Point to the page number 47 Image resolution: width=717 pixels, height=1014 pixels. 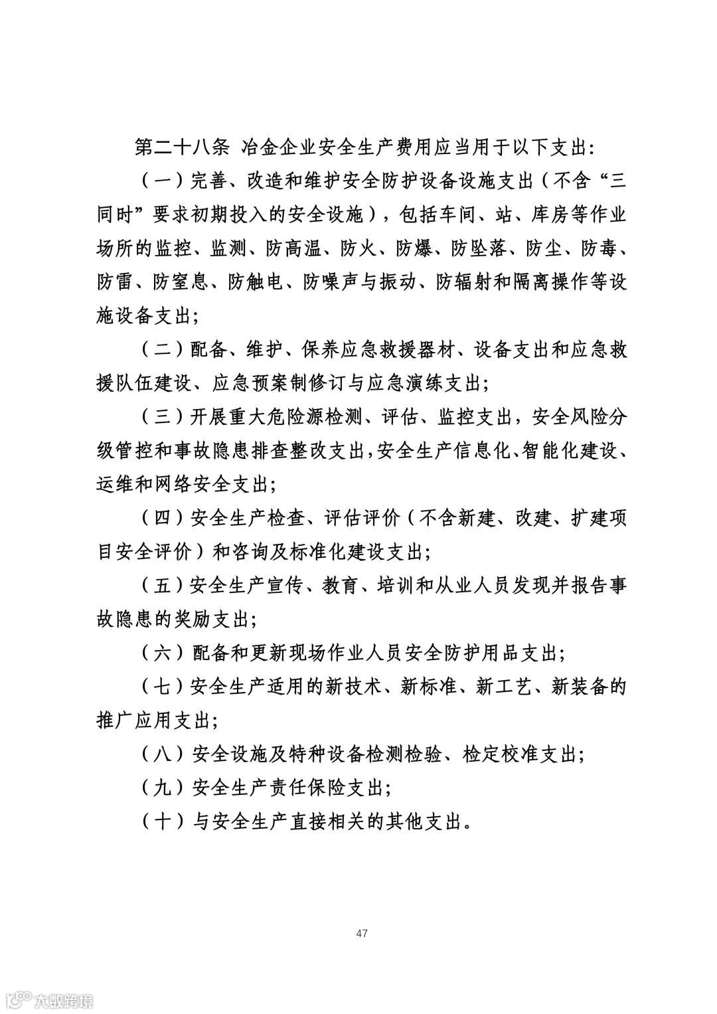362,933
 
